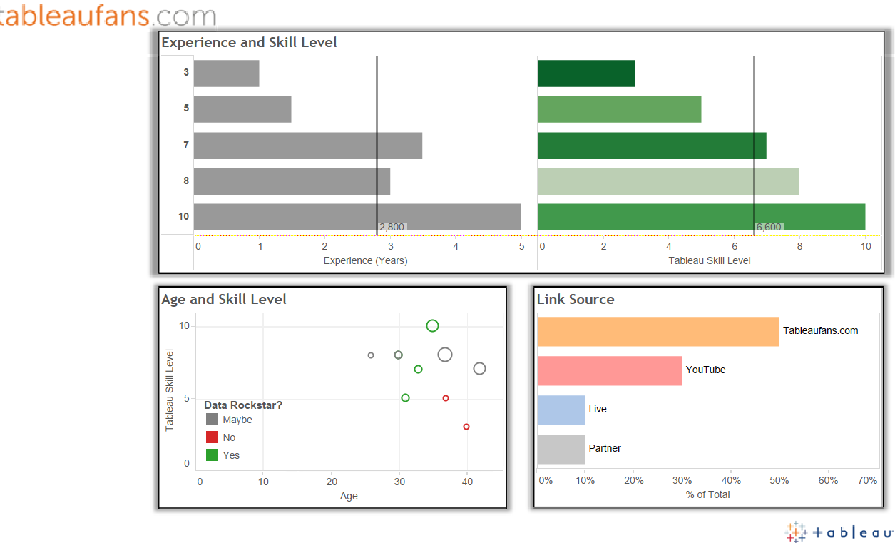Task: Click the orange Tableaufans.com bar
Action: point(658,331)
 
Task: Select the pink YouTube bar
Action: point(609,370)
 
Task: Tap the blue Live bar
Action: point(561,410)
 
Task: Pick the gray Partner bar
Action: point(561,449)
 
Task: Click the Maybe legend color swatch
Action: point(212,420)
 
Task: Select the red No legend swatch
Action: point(212,437)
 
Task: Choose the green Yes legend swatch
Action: point(212,455)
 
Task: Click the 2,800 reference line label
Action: point(392,227)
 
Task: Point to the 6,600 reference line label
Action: point(769,227)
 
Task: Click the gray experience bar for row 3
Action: point(226,73)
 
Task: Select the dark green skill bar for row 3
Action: point(585,73)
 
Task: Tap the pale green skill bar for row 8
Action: point(668,181)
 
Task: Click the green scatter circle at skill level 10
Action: point(432,326)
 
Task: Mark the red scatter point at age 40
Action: point(466,427)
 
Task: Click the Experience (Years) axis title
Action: point(365,260)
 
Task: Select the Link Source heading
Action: point(576,299)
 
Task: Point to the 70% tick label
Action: point(867,480)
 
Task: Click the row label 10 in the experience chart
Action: point(183,216)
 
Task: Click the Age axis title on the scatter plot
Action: point(349,496)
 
